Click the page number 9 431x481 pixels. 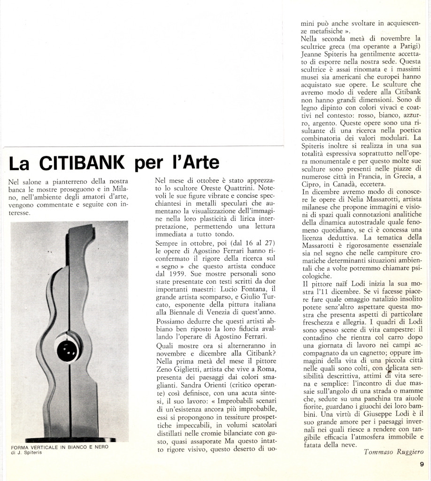422,465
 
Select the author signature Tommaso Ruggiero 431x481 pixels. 393,452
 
